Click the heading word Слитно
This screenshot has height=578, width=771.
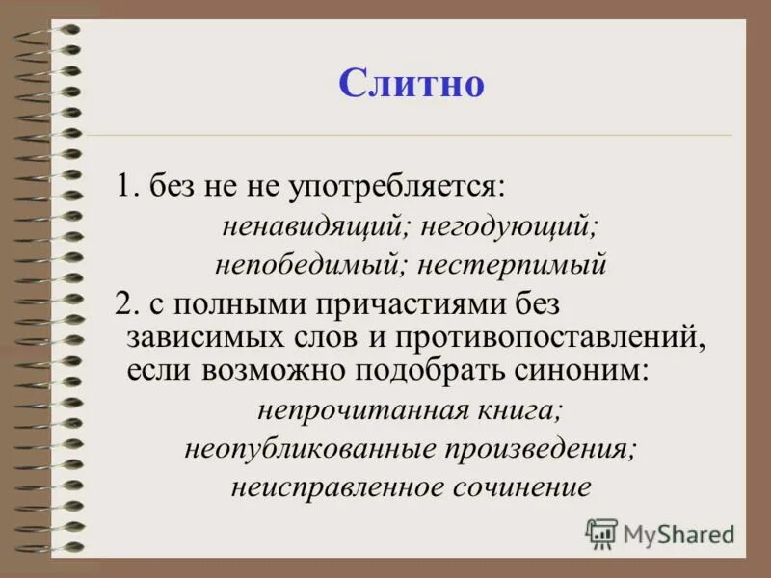click(x=411, y=84)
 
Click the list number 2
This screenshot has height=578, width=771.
click(x=122, y=303)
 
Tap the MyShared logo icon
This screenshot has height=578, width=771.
click(x=602, y=533)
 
